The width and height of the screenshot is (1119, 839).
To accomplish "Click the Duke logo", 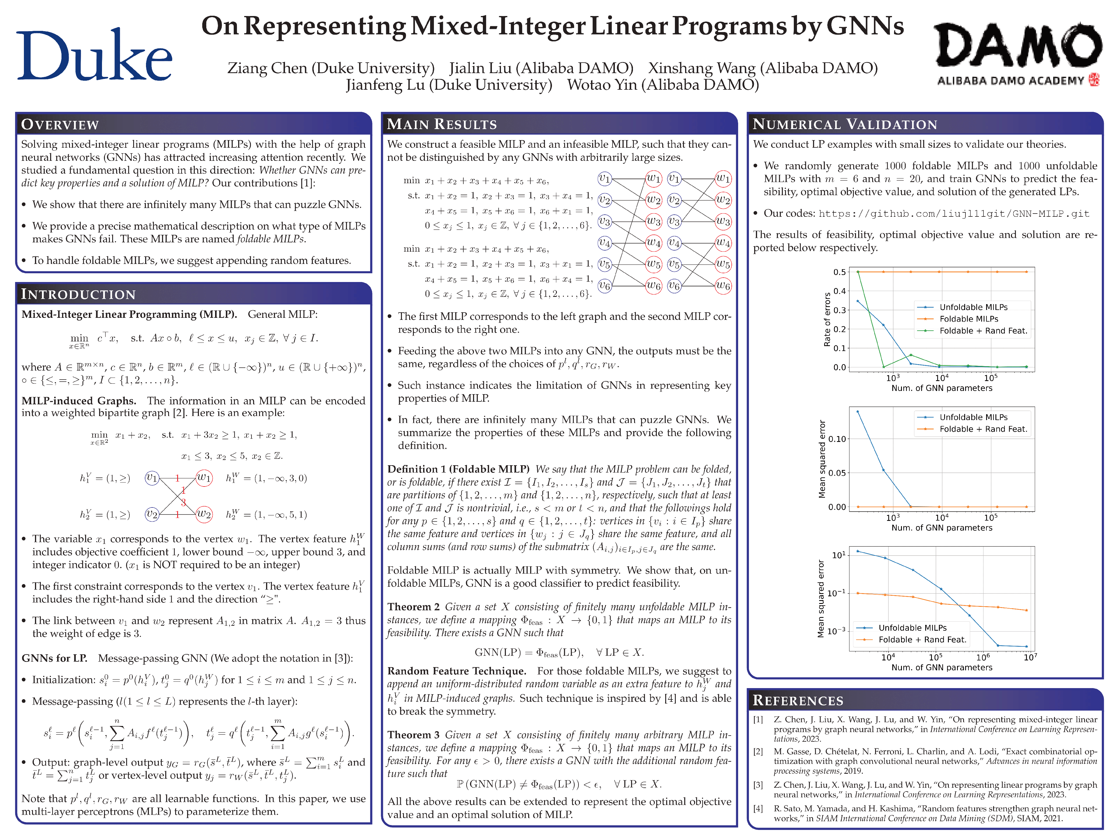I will (x=95, y=54).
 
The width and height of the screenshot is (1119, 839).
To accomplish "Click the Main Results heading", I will (x=442, y=124).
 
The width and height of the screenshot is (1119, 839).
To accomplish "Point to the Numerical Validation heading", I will (x=845, y=124).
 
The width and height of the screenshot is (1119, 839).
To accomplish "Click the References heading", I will (x=798, y=700).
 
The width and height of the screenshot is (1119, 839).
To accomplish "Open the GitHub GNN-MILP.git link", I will (x=953, y=214).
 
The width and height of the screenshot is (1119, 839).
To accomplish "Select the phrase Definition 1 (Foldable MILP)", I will (x=458, y=469).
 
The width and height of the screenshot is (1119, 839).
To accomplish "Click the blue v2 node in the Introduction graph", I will (x=152, y=514).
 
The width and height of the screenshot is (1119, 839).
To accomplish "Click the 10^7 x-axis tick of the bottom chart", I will (x=1030, y=657).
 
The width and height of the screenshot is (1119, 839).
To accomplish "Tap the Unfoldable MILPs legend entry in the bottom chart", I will (x=912, y=628).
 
